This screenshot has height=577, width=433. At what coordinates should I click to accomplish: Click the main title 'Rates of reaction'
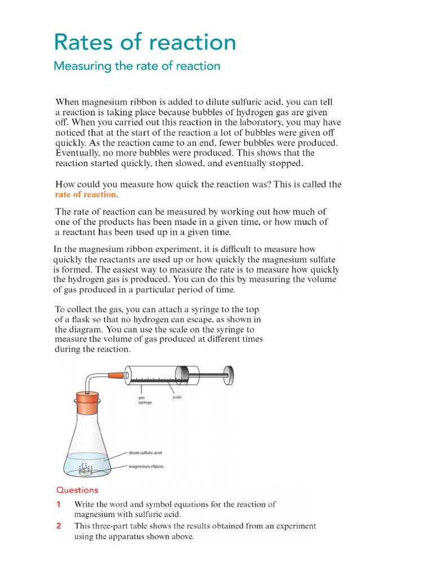(x=144, y=43)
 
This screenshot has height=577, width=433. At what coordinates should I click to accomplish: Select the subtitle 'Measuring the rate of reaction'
(x=136, y=66)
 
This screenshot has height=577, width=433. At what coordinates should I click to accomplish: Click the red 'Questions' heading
(x=77, y=490)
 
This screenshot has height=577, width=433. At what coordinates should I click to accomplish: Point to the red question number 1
(x=59, y=504)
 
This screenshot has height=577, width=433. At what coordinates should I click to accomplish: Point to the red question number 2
(x=59, y=526)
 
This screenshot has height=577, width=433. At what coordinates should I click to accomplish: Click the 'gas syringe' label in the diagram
(x=145, y=400)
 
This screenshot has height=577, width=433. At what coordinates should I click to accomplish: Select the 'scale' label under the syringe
(x=176, y=397)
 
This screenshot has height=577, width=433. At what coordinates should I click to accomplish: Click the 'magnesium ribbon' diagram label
(x=145, y=467)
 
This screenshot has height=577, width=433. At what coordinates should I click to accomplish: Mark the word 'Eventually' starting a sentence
(x=76, y=153)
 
